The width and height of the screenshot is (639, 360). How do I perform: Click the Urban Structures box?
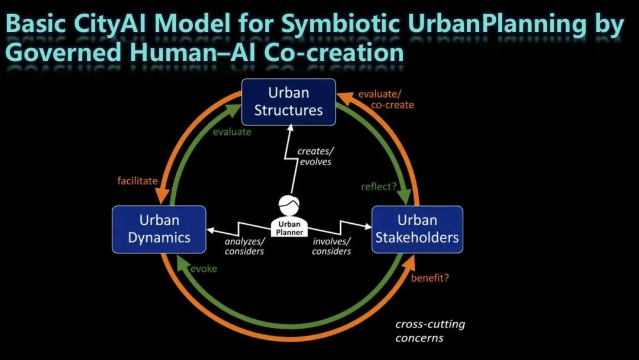tap(289, 102)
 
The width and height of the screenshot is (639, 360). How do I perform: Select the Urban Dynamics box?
tap(159, 230)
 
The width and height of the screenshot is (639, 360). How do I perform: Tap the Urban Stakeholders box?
tap(417, 230)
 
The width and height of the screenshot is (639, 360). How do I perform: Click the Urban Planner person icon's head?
tap(289, 205)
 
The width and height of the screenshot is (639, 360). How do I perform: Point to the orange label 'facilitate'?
tap(137, 181)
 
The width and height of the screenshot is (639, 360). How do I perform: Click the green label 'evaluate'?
tap(232, 132)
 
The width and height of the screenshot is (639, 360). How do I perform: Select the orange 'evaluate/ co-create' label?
tap(386, 99)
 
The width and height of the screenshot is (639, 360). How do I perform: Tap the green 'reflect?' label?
tap(379, 187)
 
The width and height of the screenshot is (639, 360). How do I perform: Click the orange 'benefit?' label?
tap(430, 278)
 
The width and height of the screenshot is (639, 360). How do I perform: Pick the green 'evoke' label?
tap(204, 269)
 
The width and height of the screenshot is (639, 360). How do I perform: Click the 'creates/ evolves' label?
tap(315, 156)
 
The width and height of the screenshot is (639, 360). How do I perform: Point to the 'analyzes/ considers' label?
tap(244, 246)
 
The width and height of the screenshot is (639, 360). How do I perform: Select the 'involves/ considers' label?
tap(331, 246)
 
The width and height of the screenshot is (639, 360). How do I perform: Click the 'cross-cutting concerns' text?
tap(430, 331)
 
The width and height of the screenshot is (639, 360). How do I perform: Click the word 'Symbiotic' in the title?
tap(340, 24)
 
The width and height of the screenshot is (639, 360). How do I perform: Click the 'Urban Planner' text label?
tap(289, 229)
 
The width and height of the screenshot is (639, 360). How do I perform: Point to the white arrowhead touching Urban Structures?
tap(290, 128)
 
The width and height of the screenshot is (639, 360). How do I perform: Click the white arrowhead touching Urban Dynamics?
tap(211, 230)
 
